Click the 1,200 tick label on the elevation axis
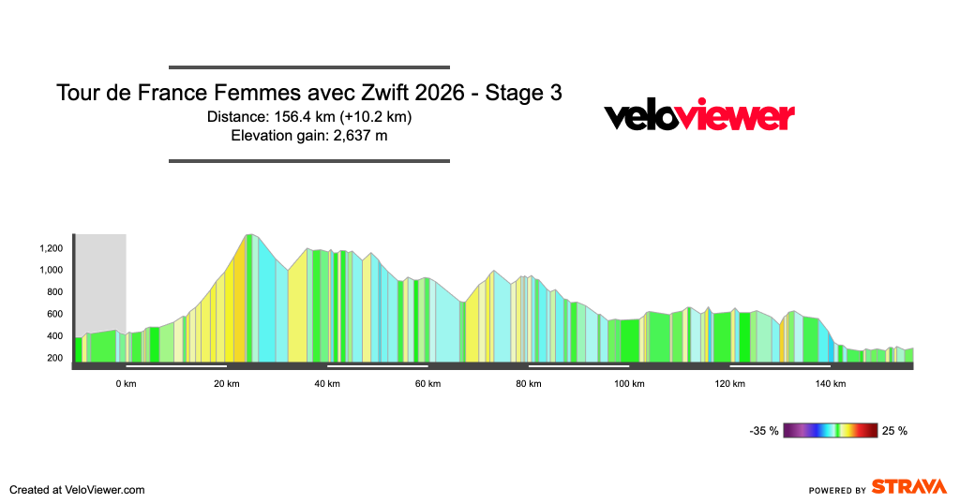[x=51, y=248]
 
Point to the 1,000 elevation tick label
[x=51, y=270]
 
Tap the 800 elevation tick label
[x=54, y=292]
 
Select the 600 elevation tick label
[x=54, y=314]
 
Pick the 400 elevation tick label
[x=54, y=336]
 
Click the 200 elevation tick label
[x=54, y=358]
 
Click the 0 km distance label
[x=126, y=384]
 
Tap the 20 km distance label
[x=226, y=384]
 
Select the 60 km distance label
[x=427, y=384]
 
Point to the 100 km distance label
[x=629, y=384]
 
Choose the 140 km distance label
[x=831, y=384]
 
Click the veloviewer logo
[x=699, y=116]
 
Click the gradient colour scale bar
[x=831, y=431]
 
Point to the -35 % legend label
[x=764, y=431]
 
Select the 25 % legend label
[x=895, y=431]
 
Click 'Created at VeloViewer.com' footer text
[x=77, y=489]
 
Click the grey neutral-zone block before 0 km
[x=100, y=281]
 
